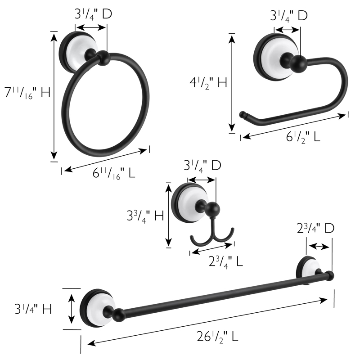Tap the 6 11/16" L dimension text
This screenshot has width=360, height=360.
(x=113, y=172)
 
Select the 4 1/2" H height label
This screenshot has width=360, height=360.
(x=208, y=82)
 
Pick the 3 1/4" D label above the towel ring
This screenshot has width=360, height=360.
(x=93, y=14)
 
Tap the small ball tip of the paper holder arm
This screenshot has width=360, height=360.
(x=243, y=114)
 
